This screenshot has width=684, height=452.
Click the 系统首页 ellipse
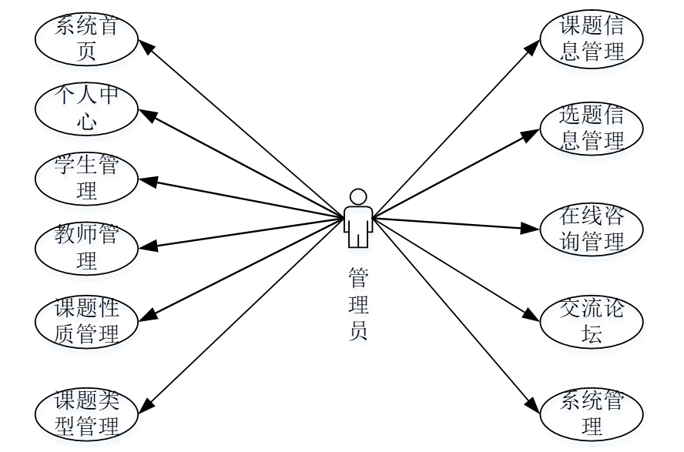[x=86, y=39]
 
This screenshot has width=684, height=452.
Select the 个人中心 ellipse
[x=86, y=109]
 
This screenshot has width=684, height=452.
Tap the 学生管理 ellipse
[x=86, y=179]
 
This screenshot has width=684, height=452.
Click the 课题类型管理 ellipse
[x=86, y=413]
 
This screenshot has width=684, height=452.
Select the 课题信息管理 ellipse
[x=592, y=39]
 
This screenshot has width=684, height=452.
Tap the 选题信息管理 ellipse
[x=592, y=128]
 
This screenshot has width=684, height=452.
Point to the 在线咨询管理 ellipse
[x=592, y=229]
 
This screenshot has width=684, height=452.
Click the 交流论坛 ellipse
[x=592, y=322]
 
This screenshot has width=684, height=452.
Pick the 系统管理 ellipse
[x=592, y=413]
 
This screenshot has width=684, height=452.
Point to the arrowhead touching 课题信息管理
[x=533, y=46]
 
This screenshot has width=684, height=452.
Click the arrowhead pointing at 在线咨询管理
[x=532, y=228]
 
